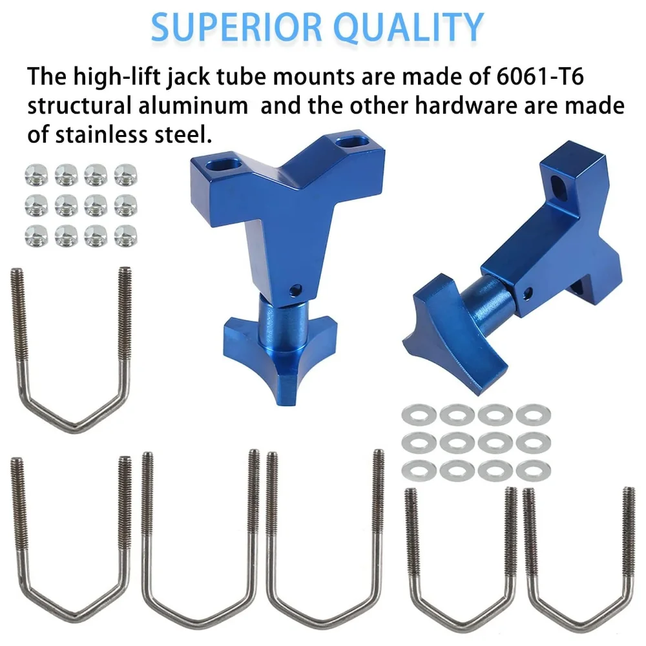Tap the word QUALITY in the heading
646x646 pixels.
[x=409, y=28]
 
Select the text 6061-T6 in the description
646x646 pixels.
[x=540, y=76]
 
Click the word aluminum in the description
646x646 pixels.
[x=193, y=105]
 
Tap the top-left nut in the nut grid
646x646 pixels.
[x=36, y=175]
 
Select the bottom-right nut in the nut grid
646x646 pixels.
[x=126, y=236]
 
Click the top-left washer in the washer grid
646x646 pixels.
[x=419, y=414]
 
